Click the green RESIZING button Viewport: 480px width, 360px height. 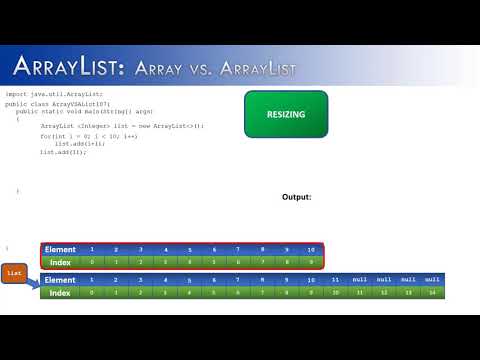point(286,114)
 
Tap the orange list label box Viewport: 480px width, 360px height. point(15,271)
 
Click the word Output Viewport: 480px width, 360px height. point(297,197)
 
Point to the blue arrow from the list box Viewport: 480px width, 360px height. point(32,284)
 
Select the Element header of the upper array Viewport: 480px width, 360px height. point(61,249)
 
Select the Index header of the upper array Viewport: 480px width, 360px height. point(61,262)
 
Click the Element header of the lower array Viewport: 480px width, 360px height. point(61,280)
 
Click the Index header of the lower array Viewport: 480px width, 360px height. point(61,293)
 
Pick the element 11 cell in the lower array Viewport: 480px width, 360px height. point(335,280)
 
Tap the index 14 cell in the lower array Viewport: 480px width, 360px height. point(432,293)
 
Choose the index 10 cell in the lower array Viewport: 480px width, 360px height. point(335,293)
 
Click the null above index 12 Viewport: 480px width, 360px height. point(384,280)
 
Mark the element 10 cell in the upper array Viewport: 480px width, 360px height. point(311,249)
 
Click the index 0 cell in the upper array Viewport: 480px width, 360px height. point(92,262)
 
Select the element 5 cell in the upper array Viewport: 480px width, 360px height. point(190,249)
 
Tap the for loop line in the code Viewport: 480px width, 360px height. point(85,135)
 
